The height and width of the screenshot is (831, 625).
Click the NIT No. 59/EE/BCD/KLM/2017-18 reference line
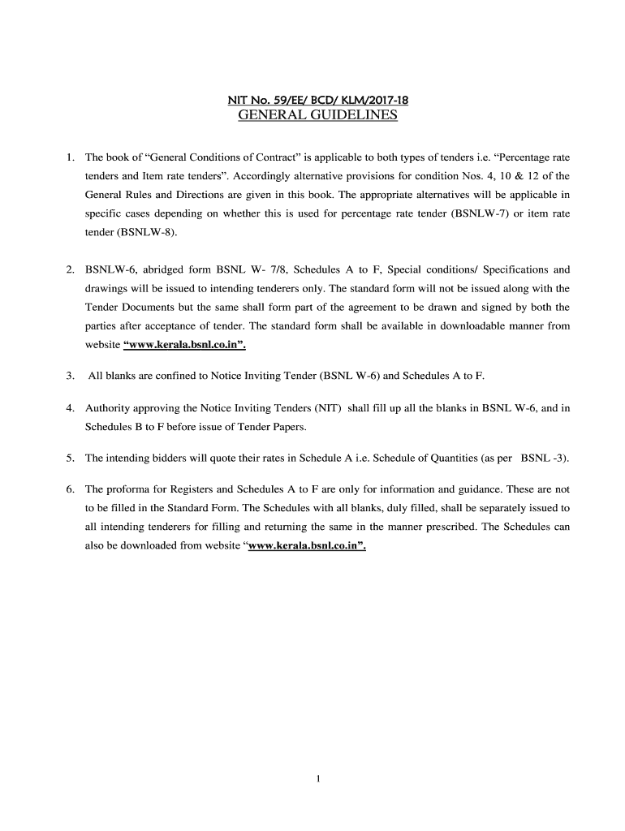[317, 101]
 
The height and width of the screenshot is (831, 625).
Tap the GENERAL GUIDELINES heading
[317, 115]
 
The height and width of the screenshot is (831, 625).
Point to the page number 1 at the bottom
[319, 780]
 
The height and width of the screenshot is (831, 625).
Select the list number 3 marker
[71, 376]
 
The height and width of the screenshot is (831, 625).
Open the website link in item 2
[184, 344]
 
